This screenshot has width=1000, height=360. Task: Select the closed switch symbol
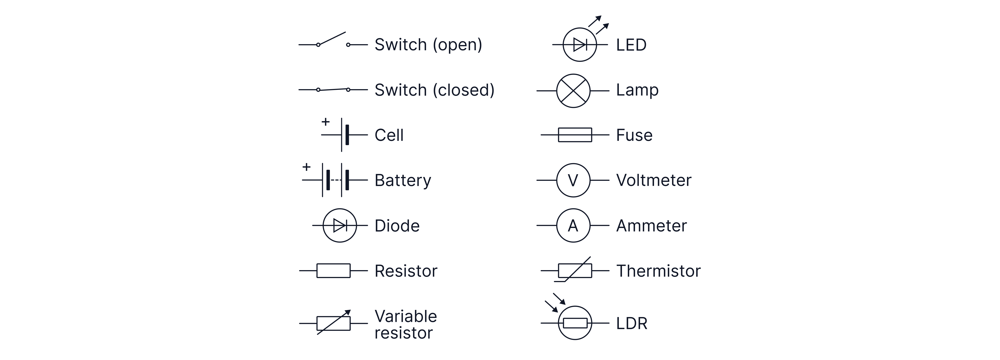click(333, 90)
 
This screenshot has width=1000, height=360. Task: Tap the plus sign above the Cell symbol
click(325, 122)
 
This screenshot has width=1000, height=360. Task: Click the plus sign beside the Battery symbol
click(306, 167)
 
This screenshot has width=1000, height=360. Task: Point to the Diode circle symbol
click(340, 226)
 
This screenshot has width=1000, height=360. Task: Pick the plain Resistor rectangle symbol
click(333, 271)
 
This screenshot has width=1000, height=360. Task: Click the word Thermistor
click(658, 271)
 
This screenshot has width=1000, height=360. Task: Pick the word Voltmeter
click(654, 180)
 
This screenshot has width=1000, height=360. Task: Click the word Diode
click(397, 226)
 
